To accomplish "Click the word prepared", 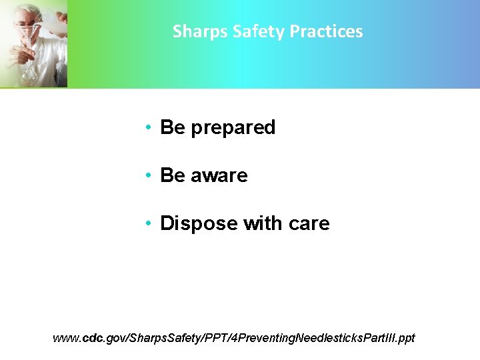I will click(x=233, y=128).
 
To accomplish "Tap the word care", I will click(x=309, y=223).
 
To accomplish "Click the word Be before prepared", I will click(x=173, y=127).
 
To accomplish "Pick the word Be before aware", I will click(x=173, y=175).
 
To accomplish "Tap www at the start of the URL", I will click(x=65, y=338).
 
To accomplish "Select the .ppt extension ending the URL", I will click(x=405, y=338).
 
